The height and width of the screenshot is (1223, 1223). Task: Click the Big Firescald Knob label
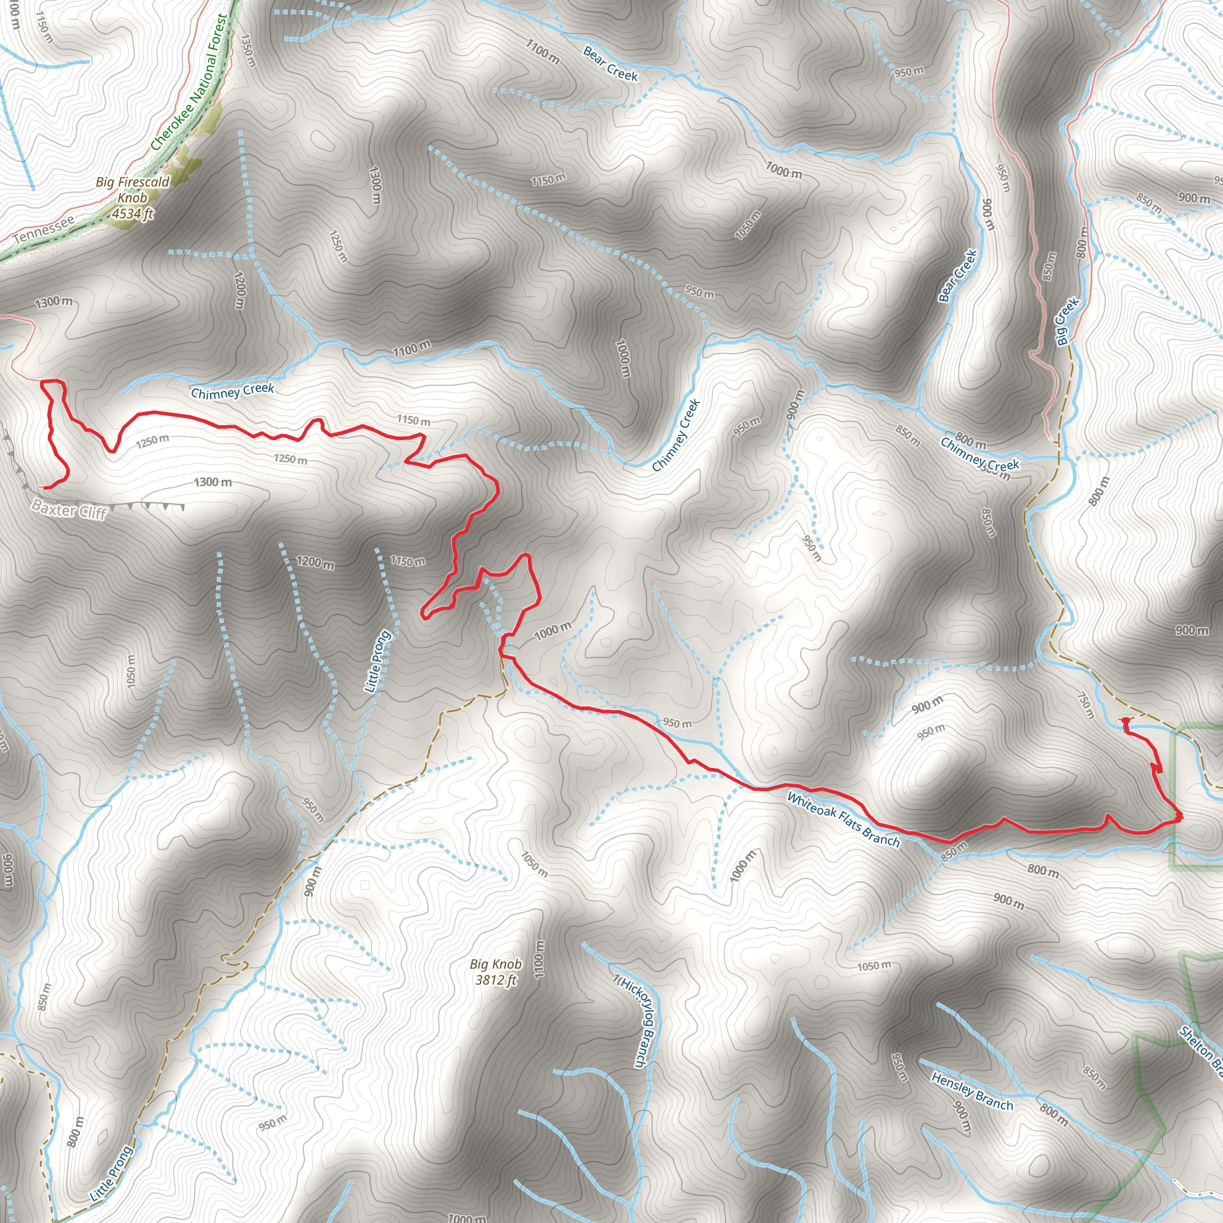(x=133, y=198)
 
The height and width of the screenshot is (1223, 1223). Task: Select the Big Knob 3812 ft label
(x=496, y=972)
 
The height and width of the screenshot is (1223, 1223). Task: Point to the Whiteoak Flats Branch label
(x=843, y=819)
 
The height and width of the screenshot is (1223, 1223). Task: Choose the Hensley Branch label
(x=972, y=1090)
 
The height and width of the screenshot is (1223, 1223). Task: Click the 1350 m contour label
(x=247, y=50)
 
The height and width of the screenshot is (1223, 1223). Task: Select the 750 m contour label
(x=1085, y=705)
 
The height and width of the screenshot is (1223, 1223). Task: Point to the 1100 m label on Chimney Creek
(x=411, y=348)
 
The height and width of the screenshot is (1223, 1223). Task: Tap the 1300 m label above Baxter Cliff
(x=213, y=483)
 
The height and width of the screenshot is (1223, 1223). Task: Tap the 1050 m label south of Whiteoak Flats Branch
(x=874, y=966)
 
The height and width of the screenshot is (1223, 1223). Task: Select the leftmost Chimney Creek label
(x=232, y=391)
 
